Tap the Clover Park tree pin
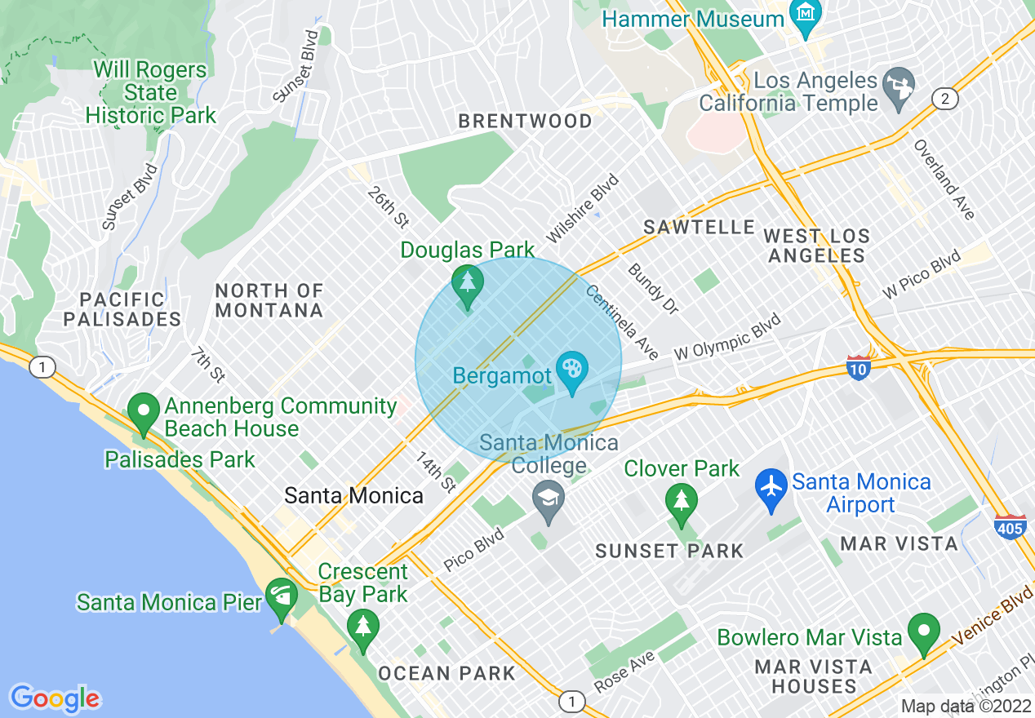(681, 501)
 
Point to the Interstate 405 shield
(1011, 527)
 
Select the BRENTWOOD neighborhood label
(525, 121)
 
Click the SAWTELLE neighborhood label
(699, 227)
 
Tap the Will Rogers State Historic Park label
(151, 92)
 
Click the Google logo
(56, 698)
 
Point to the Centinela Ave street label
(622, 322)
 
